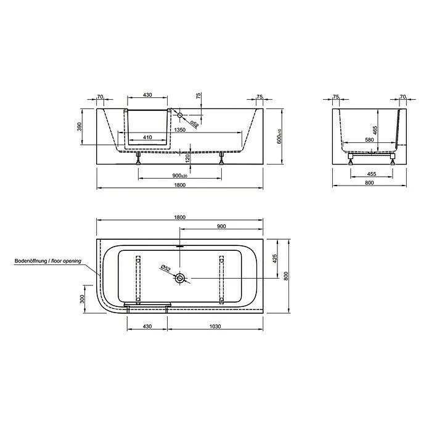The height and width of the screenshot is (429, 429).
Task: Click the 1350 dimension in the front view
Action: pos(180,130)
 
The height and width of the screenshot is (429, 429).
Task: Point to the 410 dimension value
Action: pos(147,137)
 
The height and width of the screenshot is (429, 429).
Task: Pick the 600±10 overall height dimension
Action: pos(279,137)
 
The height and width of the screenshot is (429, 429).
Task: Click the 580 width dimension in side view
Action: pos(369,141)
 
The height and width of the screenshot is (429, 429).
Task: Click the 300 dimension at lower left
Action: pos(82,300)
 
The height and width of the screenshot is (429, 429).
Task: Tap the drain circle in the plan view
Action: pos(180,279)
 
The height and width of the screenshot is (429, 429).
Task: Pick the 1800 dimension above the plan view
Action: pos(180,217)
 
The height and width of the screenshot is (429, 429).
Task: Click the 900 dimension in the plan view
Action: pos(221,226)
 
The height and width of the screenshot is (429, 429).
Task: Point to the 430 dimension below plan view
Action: pos(147,326)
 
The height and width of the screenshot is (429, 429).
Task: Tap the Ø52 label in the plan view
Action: pos(165,268)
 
